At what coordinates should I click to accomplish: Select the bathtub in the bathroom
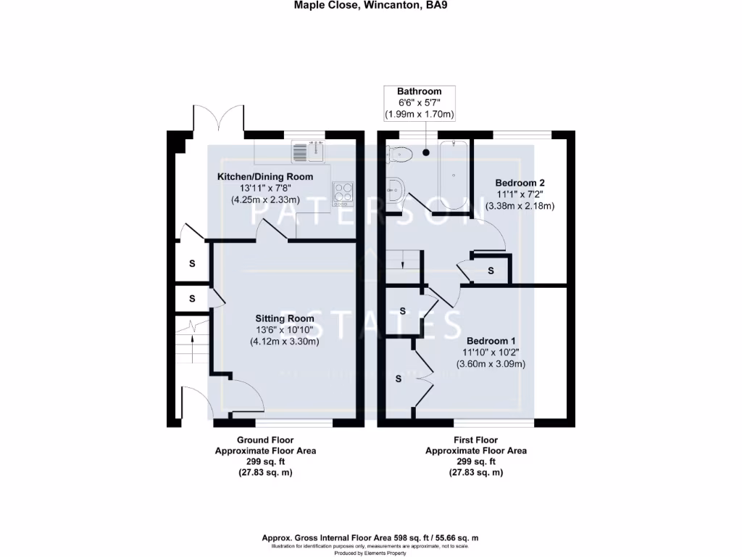click(x=454, y=174)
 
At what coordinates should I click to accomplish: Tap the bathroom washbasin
click(x=395, y=191)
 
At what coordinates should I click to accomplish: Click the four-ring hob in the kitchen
click(x=342, y=193)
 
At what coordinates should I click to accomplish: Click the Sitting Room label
click(x=284, y=318)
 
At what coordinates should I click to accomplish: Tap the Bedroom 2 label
click(x=520, y=182)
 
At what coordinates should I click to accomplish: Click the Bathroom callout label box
click(x=419, y=102)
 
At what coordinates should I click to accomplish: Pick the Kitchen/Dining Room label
click(x=265, y=177)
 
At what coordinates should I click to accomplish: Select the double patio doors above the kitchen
click(x=219, y=119)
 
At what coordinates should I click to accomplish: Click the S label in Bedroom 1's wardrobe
click(x=398, y=379)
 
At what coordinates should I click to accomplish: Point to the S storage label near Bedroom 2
click(x=491, y=271)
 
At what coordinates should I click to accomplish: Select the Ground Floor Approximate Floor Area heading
click(x=265, y=445)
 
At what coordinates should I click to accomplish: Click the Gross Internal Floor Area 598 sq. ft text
click(x=370, y=538)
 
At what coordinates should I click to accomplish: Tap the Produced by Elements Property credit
click(x=370, y=553)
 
